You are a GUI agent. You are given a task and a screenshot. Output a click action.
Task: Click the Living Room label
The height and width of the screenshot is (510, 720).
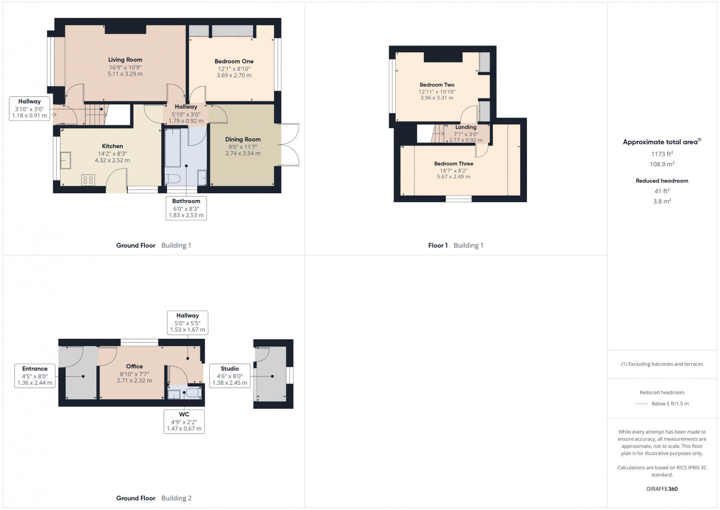[125, 59]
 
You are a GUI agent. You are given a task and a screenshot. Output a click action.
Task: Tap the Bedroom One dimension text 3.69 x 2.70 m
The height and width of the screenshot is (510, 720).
[234, 75]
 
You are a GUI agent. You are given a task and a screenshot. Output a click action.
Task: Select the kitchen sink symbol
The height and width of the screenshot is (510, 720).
[66, 160]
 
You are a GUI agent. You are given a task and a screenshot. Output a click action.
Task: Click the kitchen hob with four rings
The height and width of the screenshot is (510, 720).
[88, 180]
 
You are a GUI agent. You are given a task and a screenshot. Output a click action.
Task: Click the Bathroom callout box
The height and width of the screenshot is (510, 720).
[186, 208]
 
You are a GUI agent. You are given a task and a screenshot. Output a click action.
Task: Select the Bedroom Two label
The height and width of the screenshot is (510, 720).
[437, 85]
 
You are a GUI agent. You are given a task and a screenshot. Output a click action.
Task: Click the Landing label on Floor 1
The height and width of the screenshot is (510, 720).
[466, 127]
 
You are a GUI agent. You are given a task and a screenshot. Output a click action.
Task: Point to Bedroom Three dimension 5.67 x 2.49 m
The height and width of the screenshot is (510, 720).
[454, 177]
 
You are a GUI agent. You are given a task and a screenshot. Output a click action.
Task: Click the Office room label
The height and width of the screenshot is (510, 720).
[134, 366]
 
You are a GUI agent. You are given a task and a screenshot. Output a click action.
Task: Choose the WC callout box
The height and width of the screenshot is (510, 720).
[184, 421]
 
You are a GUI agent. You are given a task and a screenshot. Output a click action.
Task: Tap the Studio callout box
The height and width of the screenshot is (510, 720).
[229, 376]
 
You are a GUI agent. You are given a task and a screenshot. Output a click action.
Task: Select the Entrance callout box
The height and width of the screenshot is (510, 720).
[35, 376]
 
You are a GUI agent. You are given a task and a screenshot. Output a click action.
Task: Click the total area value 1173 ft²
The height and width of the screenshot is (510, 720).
[662, 154]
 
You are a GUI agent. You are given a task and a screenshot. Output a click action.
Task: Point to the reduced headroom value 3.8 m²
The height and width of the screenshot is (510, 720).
[662, 201]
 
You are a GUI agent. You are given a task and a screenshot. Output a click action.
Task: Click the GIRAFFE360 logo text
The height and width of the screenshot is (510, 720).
[662, 489]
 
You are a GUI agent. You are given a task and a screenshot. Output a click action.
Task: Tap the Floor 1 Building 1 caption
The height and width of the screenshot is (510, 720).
[455, 246]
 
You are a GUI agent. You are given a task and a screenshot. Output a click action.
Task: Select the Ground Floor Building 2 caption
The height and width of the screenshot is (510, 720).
[154, 498]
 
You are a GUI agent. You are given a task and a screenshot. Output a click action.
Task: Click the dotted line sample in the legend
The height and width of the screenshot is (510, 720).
[641, 404]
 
